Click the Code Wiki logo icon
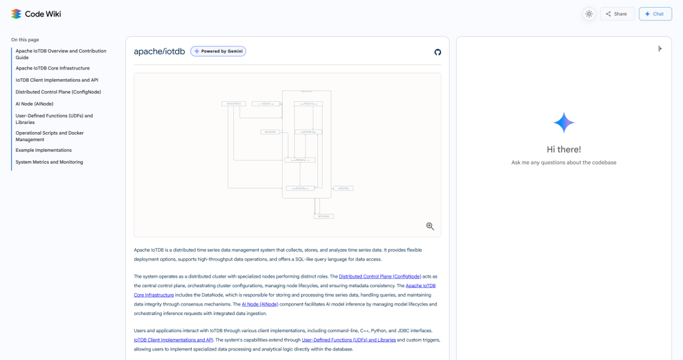[16, 14]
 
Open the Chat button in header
[655, 14]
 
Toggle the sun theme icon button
[589, 14]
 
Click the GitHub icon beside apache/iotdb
[438, 52]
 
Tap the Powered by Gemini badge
[218, 51]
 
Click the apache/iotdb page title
[159, 51]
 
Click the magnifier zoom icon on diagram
[430, 227]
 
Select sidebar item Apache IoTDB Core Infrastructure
[52, 68]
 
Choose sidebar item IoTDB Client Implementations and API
[57, 80]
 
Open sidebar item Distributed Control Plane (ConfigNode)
[58, 92]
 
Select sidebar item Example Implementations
[44, 151]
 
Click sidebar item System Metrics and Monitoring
[49, 163]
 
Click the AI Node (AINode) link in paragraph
[260, 304]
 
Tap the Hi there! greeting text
[563, 150]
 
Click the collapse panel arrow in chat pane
[660, 49]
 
